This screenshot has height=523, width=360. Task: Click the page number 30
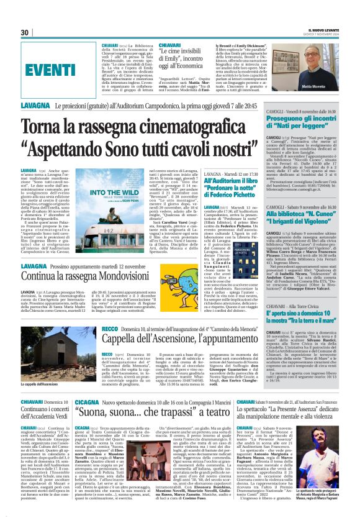[x=24, y=32]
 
